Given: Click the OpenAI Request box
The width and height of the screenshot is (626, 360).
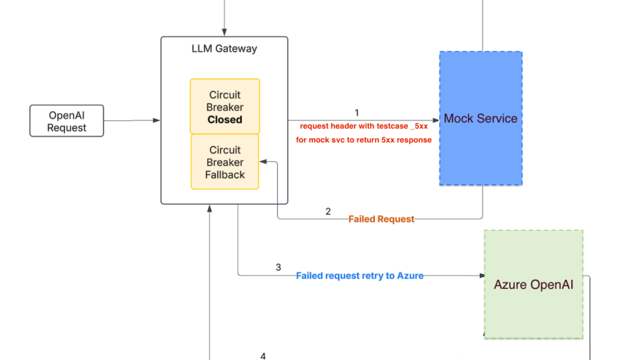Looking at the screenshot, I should pos(67,121).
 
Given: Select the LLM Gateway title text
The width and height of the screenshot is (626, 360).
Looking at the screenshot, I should pos(224,49).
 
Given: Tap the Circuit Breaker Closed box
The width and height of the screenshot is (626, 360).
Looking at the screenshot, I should pos(225,106).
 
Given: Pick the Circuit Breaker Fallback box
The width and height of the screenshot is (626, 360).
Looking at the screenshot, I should pos(225,162).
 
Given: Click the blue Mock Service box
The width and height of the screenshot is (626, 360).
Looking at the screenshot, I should pos(480,118).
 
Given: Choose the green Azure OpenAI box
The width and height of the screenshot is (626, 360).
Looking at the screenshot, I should pos(533,285).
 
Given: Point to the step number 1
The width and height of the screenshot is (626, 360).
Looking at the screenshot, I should pos(357,112).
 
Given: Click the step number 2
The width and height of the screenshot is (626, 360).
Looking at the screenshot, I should pos(328,211).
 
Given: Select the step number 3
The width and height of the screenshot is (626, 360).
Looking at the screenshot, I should pos(278,267).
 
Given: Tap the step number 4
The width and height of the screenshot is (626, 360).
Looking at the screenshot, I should pos(263,356).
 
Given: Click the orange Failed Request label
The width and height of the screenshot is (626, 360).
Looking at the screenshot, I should pos(381,219).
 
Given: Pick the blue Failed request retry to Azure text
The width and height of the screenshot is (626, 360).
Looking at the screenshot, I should pos(359,276).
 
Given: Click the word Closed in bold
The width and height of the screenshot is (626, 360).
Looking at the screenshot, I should pos(225,120).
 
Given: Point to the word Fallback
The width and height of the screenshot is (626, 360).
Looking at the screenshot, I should pos(225,174).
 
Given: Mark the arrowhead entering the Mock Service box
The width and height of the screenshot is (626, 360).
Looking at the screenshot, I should pos(435,121).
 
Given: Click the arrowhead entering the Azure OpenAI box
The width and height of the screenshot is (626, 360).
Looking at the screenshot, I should pos(480,276).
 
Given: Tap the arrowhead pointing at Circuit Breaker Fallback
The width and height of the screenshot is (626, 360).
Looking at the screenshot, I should pos(263,162).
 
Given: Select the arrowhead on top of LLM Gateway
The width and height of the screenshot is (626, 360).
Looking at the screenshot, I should pos(224,32).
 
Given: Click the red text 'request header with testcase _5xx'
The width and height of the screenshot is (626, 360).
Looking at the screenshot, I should pos(364,127).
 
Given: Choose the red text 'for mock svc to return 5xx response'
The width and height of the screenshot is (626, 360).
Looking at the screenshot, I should pos(364,140).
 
